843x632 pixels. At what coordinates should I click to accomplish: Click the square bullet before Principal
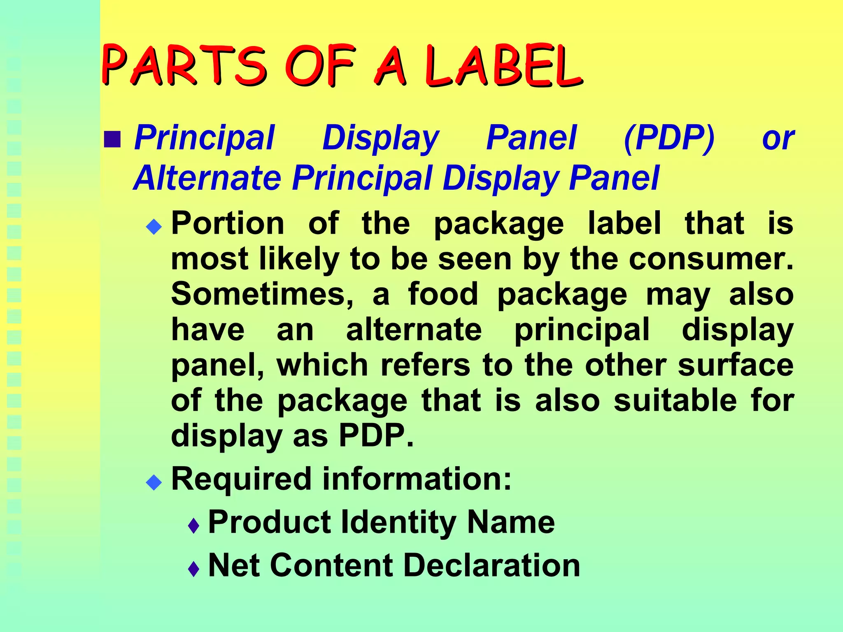[x=112, y=139]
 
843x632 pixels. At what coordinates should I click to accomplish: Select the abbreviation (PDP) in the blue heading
[x=669, y=139]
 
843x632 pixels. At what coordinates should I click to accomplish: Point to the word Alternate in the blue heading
[x=207, y=178]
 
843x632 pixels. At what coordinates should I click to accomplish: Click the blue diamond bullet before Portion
[x=154, y=226]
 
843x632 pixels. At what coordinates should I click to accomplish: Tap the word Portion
[x=228, y=223]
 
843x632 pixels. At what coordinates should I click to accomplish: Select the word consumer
[x=710, y=259]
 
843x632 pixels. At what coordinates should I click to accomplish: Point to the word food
[x=443, y=295]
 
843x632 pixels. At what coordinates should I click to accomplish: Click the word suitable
[x=675, y=401]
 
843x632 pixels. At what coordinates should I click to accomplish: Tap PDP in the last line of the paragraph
[x=375, y=436]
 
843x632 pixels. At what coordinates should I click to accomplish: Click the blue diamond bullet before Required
[x=154, y=482]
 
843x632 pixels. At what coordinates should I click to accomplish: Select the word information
[x=417, y=479]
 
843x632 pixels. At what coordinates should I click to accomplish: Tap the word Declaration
[x=492, y=566]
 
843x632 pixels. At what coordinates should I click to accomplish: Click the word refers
[x=425, y=365]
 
